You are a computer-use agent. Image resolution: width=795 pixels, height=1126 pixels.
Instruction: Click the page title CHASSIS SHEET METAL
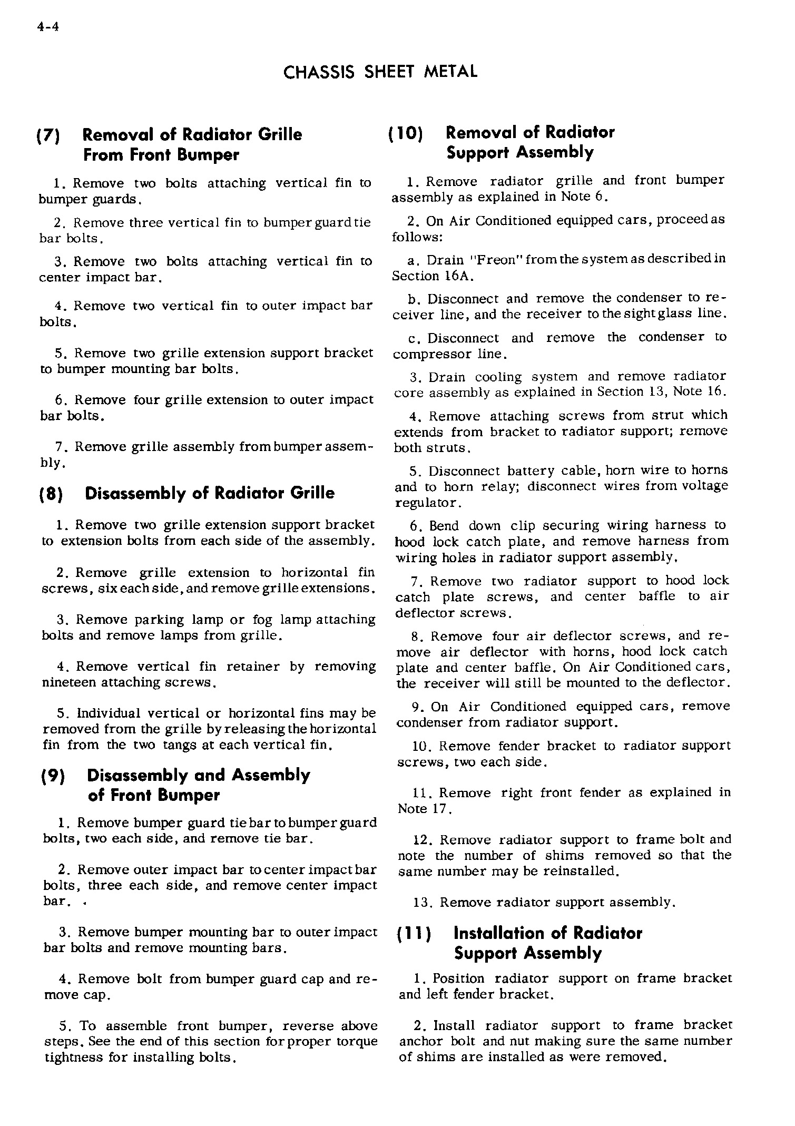(x=380, y=72)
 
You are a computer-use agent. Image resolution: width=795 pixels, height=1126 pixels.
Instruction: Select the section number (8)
(x=52, y=494)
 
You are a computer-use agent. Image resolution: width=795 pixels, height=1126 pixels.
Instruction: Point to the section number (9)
(x=53, y=776)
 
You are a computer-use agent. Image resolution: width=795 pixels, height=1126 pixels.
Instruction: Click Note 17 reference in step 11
(x=424, y=808)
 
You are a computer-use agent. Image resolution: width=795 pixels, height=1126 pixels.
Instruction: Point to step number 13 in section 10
(x=423, y=903)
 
